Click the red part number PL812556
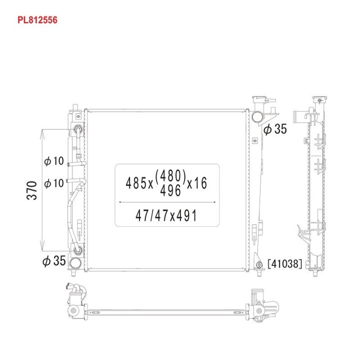click(37, 20)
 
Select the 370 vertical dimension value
click(32, 190)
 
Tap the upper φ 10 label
click(54, 161)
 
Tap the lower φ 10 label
click(54, 183)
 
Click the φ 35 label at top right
click(275, 129)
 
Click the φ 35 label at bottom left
click(54, 260)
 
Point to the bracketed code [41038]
click(284, 264)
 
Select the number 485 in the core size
click(136, 183)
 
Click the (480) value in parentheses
click(170, 176)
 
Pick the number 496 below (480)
click(170, 190)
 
